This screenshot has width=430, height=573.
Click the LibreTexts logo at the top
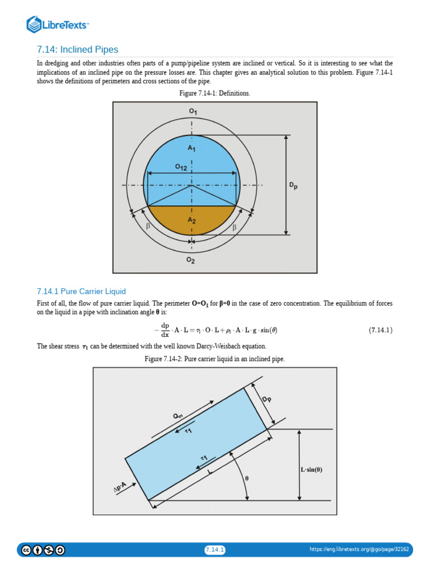[58, 25]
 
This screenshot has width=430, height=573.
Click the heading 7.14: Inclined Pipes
[77, 50]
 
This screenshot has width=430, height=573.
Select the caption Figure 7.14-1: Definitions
[214, 93]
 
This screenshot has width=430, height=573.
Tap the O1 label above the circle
[193, 111]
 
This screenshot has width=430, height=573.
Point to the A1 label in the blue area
[191, 148]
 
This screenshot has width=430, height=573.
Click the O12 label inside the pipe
[181, 167]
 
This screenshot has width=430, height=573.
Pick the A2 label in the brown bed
[191, 220]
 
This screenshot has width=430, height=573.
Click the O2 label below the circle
[191, 261]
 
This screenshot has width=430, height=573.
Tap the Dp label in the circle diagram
[293, 185]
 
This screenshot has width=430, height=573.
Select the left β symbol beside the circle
[148, 227]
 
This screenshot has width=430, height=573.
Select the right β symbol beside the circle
[234, 227]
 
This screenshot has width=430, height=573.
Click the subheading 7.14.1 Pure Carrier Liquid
[81, 292]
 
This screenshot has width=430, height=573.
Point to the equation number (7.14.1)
[380, 330]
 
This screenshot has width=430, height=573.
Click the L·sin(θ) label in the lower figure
[311, 469]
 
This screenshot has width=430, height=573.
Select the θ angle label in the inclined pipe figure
[246, 478]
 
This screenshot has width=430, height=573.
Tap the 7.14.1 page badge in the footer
[215, 550]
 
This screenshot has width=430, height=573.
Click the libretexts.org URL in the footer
[359, 550]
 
